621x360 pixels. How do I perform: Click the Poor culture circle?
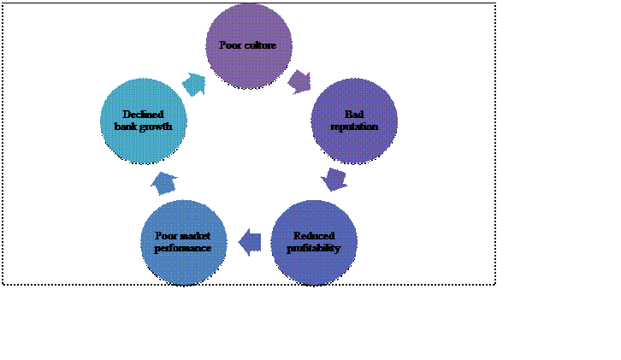pyautogui.click(x=249, y=44)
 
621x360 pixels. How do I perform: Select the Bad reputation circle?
pyautogui.click(x=353, y=121)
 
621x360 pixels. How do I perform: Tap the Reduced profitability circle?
pyautogui.click(x=313, y=242)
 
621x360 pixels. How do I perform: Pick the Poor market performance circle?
pyautogui.click(x=183, y=242)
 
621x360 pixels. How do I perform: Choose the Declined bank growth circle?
pyautogui.click(x=143, y=121)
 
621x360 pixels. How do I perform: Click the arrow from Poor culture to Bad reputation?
pyautogui.click(x=300, y=81)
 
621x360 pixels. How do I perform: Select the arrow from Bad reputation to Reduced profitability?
pyautogui.click(x=334, y=180)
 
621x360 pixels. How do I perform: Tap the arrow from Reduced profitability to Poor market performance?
pyautogui.click(x=250, y=242)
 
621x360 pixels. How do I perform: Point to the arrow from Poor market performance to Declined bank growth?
pyautogui.click(x=163, y=181)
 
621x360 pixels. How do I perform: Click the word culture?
pyautogui.click(x=260, y=44)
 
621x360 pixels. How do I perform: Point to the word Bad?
pyautogui.click(x=353, y=115)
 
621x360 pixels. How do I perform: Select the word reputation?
pyautogui.click(x=353, y=126)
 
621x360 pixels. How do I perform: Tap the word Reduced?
pyautogui.click(x=313, y=236)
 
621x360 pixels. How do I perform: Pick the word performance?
pyautogui.click(x=183, y=248)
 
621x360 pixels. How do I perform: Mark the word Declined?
pyautogui.click(x=143, y=115)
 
